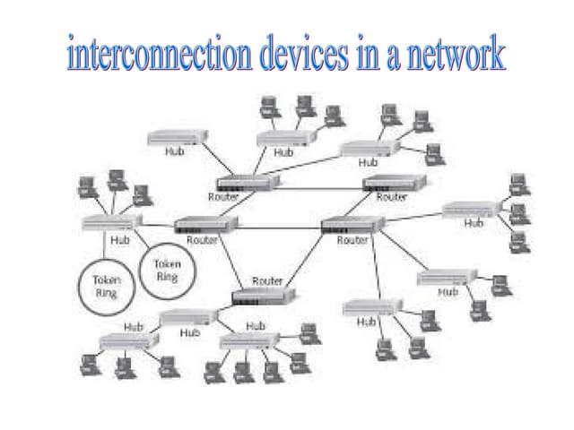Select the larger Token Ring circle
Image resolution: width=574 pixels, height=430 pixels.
coord(106,286)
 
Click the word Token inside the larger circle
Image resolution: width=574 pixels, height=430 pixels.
coord(106,279)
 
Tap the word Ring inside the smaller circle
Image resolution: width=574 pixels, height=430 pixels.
coord(168,276)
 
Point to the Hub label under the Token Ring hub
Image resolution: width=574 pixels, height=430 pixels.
coord(119,240)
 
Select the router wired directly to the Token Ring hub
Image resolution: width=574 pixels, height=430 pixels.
coord(205,225)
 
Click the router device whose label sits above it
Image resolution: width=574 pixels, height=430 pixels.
coord(258,297)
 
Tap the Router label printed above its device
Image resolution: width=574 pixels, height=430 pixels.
coord(266,281)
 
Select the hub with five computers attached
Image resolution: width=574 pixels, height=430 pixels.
coord(250,340)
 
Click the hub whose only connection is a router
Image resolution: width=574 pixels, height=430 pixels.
coord(177,137)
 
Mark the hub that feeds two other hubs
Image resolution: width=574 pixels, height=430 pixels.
coord(189,317)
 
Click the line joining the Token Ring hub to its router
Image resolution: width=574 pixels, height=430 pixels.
coord(157,224)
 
